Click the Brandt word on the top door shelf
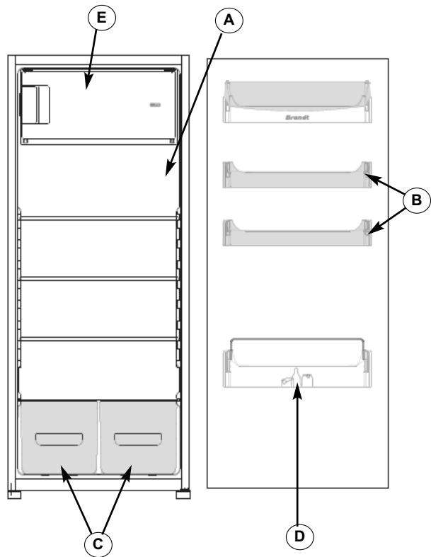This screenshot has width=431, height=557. (x=296, y=119)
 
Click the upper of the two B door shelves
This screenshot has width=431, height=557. (x=296, y=177)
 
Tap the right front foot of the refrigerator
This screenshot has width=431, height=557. (x=183, y=492)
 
